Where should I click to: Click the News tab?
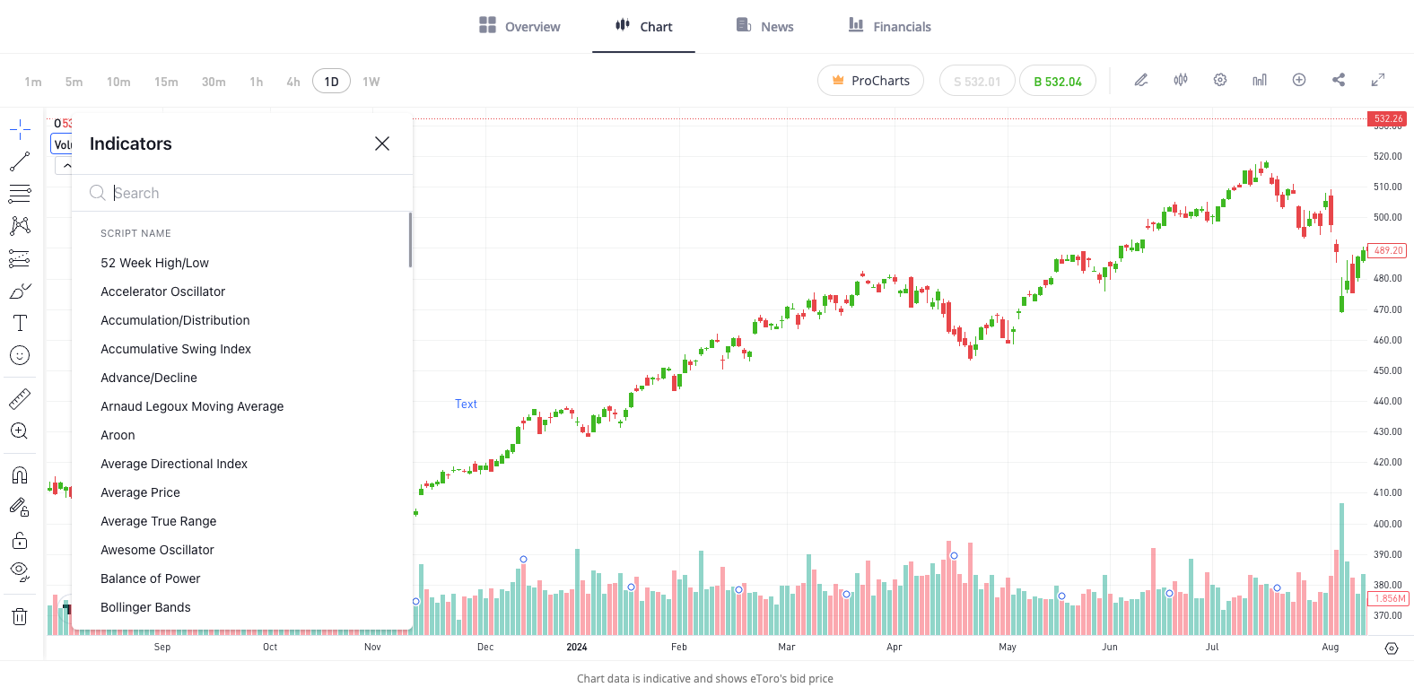[x=765, y=26]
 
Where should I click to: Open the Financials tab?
[x=890, y=26]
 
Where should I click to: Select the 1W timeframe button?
[x=371, y=82]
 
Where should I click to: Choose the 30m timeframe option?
[x=214, y=82]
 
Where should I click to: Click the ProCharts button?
[x=870, y=81]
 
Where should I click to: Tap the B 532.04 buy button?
[x=1058, y=81]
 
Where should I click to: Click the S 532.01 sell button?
[x=977, y=81]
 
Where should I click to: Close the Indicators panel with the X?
[x=382, y=144]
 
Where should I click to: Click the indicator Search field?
[x=251, y=193]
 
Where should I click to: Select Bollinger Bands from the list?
[x=145, y=607]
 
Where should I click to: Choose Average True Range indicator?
[x=158, y=521]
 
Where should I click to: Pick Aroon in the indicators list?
[x=118, y=435]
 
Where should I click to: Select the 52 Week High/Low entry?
[x=154, y=263]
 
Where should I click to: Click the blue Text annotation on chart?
[x=466, y=404]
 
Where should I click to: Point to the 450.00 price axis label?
[x=1387, y=370]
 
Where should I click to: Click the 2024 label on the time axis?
[x=577, y=647]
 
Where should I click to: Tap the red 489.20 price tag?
[x=1387, y=251]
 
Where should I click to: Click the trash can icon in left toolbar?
[x=20, y=616]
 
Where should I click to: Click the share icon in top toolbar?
[x=1339, y=80]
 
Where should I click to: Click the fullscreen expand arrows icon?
[x=1378, y=80]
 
